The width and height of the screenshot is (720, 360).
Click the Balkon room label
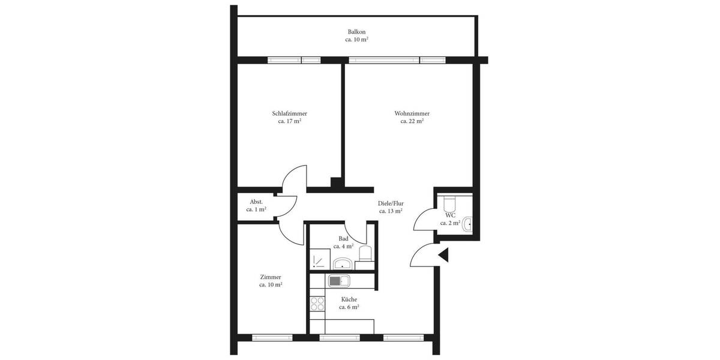pos(356,32)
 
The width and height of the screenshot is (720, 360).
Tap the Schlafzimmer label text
pos(289,113)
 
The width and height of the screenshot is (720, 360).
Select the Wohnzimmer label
pos(412,113)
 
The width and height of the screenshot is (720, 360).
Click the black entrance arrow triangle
pos(444,255)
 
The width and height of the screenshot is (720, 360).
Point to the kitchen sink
pos(339,280)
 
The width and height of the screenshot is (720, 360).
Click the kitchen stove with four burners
pos(317,302)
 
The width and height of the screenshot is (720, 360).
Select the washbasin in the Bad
pos(343,263)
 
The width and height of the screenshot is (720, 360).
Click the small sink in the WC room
pos(469,224)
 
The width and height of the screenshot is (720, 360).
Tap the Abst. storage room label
pos(256,202)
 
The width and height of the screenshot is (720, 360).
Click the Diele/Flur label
pos(391,203)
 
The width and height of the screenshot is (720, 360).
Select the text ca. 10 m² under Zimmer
pos(271,285)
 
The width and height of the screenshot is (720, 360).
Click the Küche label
pos(349,299)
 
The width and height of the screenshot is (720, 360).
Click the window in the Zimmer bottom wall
pos(272,338)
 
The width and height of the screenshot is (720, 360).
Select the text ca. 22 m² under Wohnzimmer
pos(412,121)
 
